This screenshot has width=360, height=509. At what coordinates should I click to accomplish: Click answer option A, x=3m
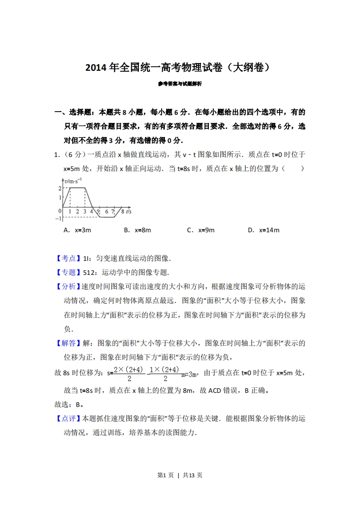click(x=78, y=230)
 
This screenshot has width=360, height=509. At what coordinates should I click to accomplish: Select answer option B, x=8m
click(x=137, y=230)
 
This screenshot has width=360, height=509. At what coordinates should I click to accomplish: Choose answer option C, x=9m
click(x=201, y=230)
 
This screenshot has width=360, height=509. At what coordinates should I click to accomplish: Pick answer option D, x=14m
click(x=263, y=230)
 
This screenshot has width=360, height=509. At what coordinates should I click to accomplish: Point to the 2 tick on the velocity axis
click(x=59, y=188)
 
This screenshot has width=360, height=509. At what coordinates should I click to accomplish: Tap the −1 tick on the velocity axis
click(x=58, y=219)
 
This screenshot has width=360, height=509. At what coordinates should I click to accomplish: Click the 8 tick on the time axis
click(x=122, y=211)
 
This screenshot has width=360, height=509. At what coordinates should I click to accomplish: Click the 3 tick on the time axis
click(x=85, y=211)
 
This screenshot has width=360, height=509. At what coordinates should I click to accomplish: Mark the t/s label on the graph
click(x=129, y=211)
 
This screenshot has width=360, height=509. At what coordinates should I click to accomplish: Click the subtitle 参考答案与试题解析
click(x=180, y=84)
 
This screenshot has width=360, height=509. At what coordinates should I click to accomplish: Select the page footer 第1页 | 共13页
click(x=180, y=475)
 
